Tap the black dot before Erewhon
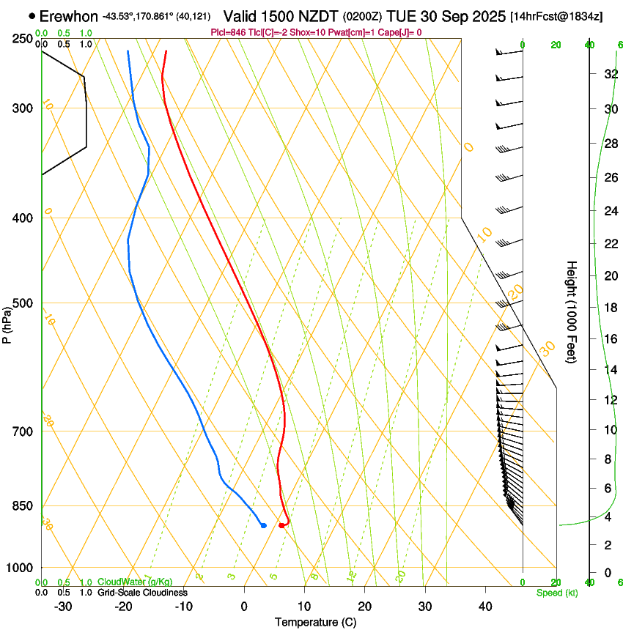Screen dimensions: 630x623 (x=32, y=15)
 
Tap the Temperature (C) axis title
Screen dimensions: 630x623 (x=315, y=622)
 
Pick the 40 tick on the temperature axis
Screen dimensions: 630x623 (x=484, y=606)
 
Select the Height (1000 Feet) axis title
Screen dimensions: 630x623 (x=572, y=311)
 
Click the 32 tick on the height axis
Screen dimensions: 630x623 (x=609, y=74)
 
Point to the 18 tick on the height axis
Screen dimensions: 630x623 (x=609, y=307)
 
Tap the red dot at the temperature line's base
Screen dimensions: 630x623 (x=281, y=525)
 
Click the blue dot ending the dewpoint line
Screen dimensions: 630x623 (x=263, y=525)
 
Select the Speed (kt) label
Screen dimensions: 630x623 (x=556, y=593)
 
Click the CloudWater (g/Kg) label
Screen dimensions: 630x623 (x=136, y=582)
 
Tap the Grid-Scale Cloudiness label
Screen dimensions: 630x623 (x=142, y=593)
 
